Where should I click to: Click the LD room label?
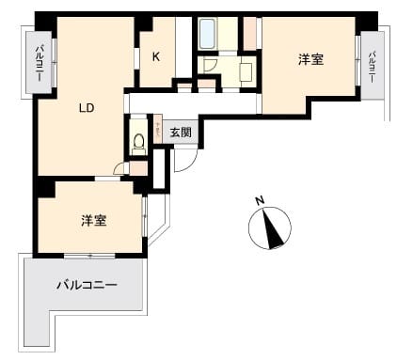pos(86,108)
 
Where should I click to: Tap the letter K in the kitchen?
pos(156,56)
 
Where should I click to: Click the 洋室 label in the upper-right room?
pos(311,59)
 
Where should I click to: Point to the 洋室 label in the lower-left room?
pos(92,221)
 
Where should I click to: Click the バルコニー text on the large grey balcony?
pos(87,284)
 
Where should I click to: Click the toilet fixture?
pos(139,142)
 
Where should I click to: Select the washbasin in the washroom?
pos(246,68)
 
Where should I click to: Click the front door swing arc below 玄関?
pos(183,158)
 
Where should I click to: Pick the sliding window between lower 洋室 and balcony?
pos(90,255)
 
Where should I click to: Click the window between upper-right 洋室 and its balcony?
pos(358,64)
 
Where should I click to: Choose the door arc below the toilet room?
pos(121,168)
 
